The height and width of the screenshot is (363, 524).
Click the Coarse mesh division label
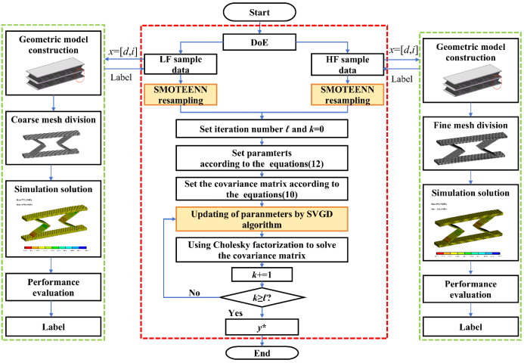point(51,119)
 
